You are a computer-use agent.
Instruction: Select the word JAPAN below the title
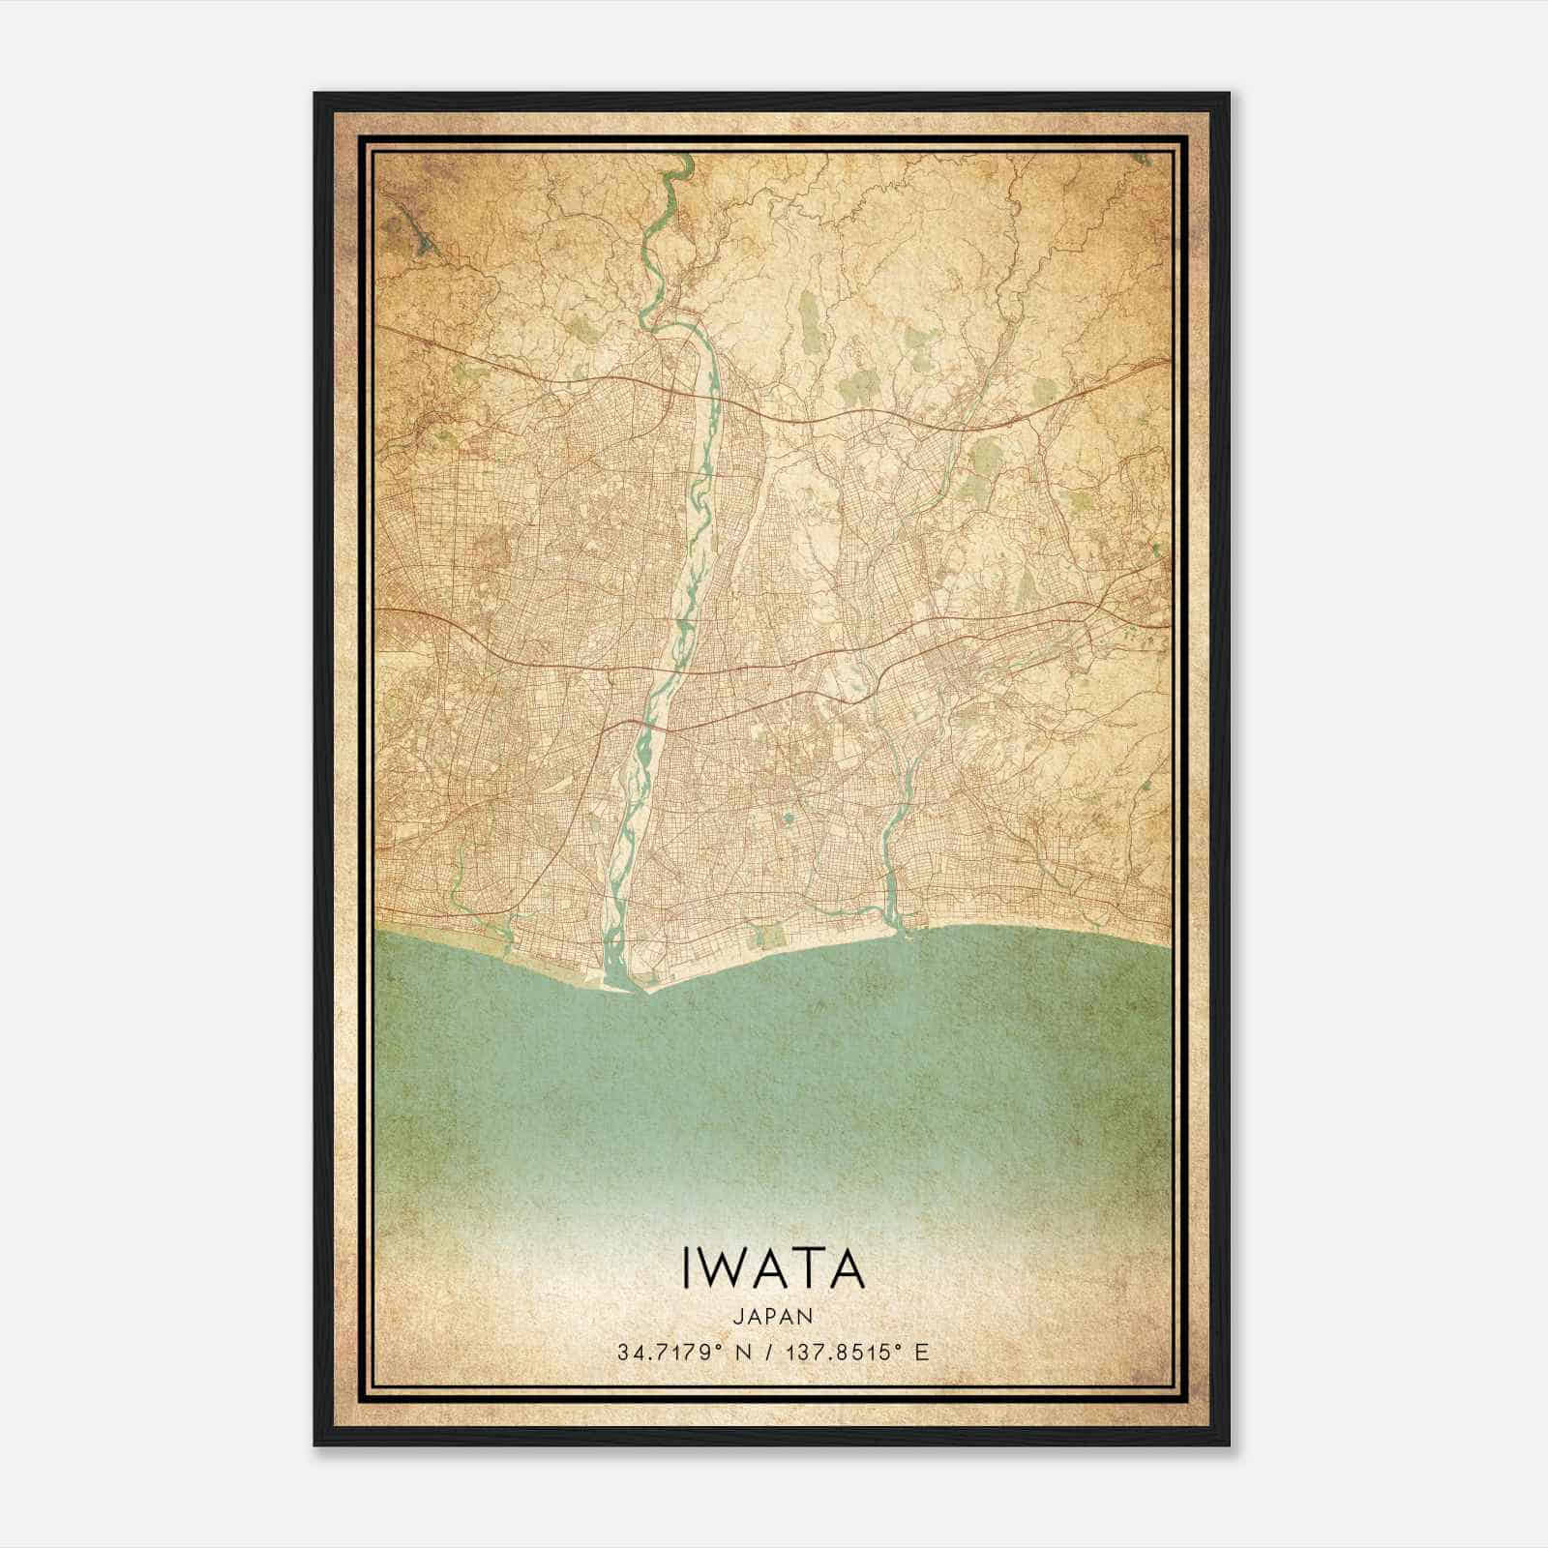click(772, 1316)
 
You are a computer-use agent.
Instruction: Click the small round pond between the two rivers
click(788, 819)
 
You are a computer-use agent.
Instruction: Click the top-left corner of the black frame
click(316, 95)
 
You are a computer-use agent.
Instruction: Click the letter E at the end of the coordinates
click(922, 1352)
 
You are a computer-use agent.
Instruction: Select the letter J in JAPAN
click(737, 1316)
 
